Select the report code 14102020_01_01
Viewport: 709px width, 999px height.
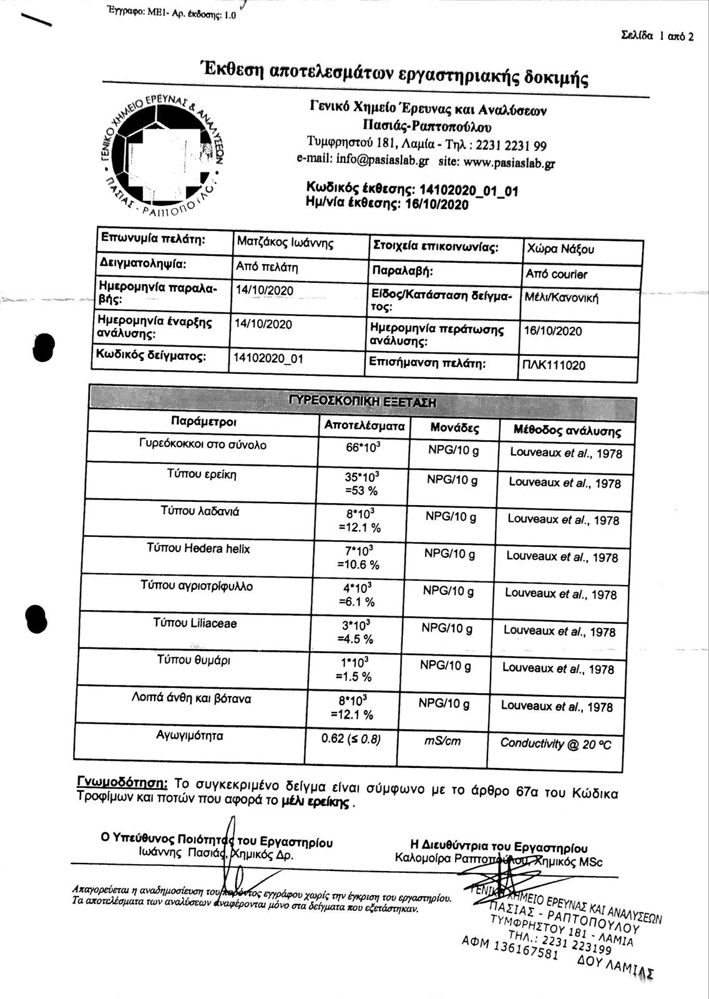point(469,190)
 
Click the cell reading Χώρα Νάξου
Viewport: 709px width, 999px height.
point(560,249)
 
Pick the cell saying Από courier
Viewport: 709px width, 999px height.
point(557,274)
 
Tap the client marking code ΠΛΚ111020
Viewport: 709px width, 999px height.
point(554,365)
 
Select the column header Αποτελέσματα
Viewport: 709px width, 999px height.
point(364,426)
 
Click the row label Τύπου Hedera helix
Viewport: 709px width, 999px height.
point(198,548)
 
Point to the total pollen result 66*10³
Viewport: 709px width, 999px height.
point(363,448)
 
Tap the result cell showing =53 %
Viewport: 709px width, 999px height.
point(361,491)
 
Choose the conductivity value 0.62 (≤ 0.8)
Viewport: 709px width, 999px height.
point(351,739)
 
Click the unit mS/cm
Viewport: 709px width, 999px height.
point(443,741)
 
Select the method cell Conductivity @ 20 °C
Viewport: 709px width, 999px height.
point(555,744)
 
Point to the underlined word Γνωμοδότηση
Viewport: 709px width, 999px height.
point(122,782)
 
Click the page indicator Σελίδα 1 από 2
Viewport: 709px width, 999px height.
point(657,36)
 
